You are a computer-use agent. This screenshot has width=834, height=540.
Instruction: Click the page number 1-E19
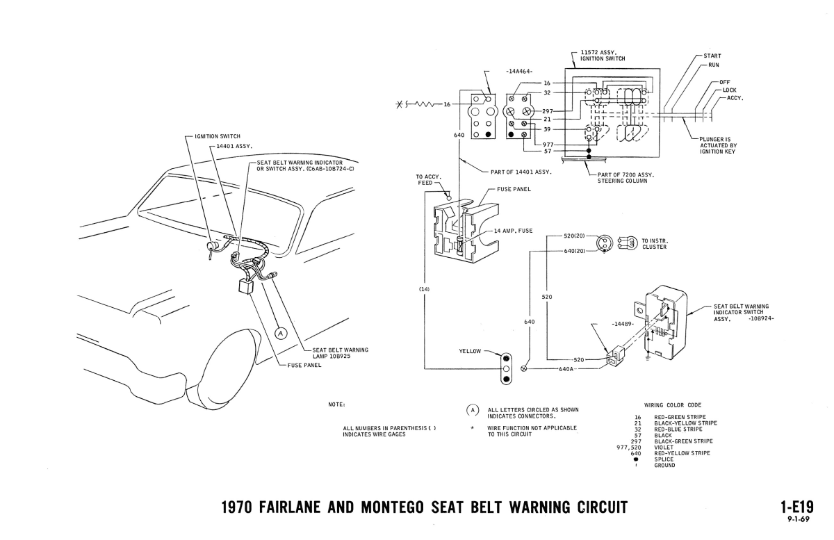pos(794,507)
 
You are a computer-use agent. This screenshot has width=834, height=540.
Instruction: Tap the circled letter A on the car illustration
pos(281,333)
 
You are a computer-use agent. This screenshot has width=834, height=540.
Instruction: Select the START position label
pos(712,56)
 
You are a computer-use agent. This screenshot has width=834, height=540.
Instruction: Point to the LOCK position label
pos(729,90)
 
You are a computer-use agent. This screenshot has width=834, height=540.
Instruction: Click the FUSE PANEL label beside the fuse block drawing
pos(515,188)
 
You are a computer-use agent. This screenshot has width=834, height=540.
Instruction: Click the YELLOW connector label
pos(470,352)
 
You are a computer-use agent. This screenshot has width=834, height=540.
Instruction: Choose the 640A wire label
pos(565,369)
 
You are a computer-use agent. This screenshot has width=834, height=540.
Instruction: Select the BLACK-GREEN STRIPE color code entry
pos(683,441)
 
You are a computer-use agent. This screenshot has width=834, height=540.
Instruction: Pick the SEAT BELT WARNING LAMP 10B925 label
pos(341,352)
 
